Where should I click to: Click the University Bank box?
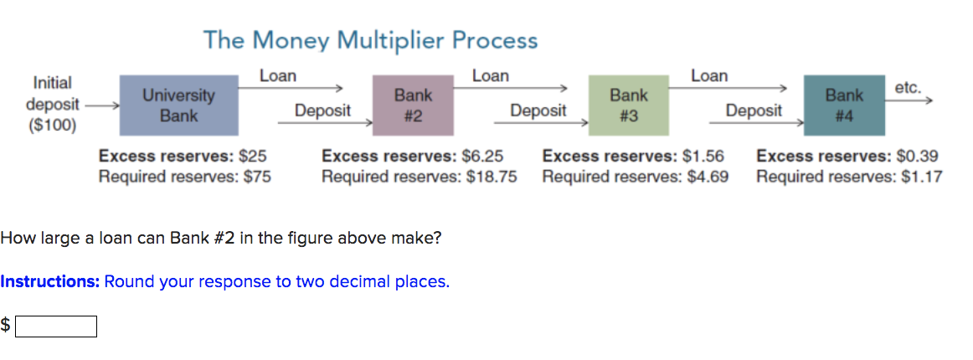click(x=178, y=105)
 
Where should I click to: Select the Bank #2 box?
click(x=413, y=105)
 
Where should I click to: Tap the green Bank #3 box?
click(x=629, y=105)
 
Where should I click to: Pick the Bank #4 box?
click(x=844, y=105)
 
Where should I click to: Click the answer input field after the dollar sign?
click(x=56, y=326)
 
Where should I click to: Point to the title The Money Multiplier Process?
click(x=370, y=39)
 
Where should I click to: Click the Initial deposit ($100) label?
click(x=52, y=105)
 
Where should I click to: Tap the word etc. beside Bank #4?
click(x=908, y=87)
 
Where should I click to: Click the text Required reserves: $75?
click(x=184, y=177)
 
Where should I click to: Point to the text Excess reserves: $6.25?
click(x=412, y=156)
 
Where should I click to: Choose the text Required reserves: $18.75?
click(x=419, y=177)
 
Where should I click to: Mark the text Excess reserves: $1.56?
click(x=633, y=156)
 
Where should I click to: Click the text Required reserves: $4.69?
click(x=635, y=177)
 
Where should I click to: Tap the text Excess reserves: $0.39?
click(x=847, y=156)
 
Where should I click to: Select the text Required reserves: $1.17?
click(x=848, y=177)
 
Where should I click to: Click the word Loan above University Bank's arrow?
click(x=278, y=76)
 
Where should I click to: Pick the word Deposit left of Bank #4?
click(x=754, y=111)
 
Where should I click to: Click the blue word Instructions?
click(x=50, y=281)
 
